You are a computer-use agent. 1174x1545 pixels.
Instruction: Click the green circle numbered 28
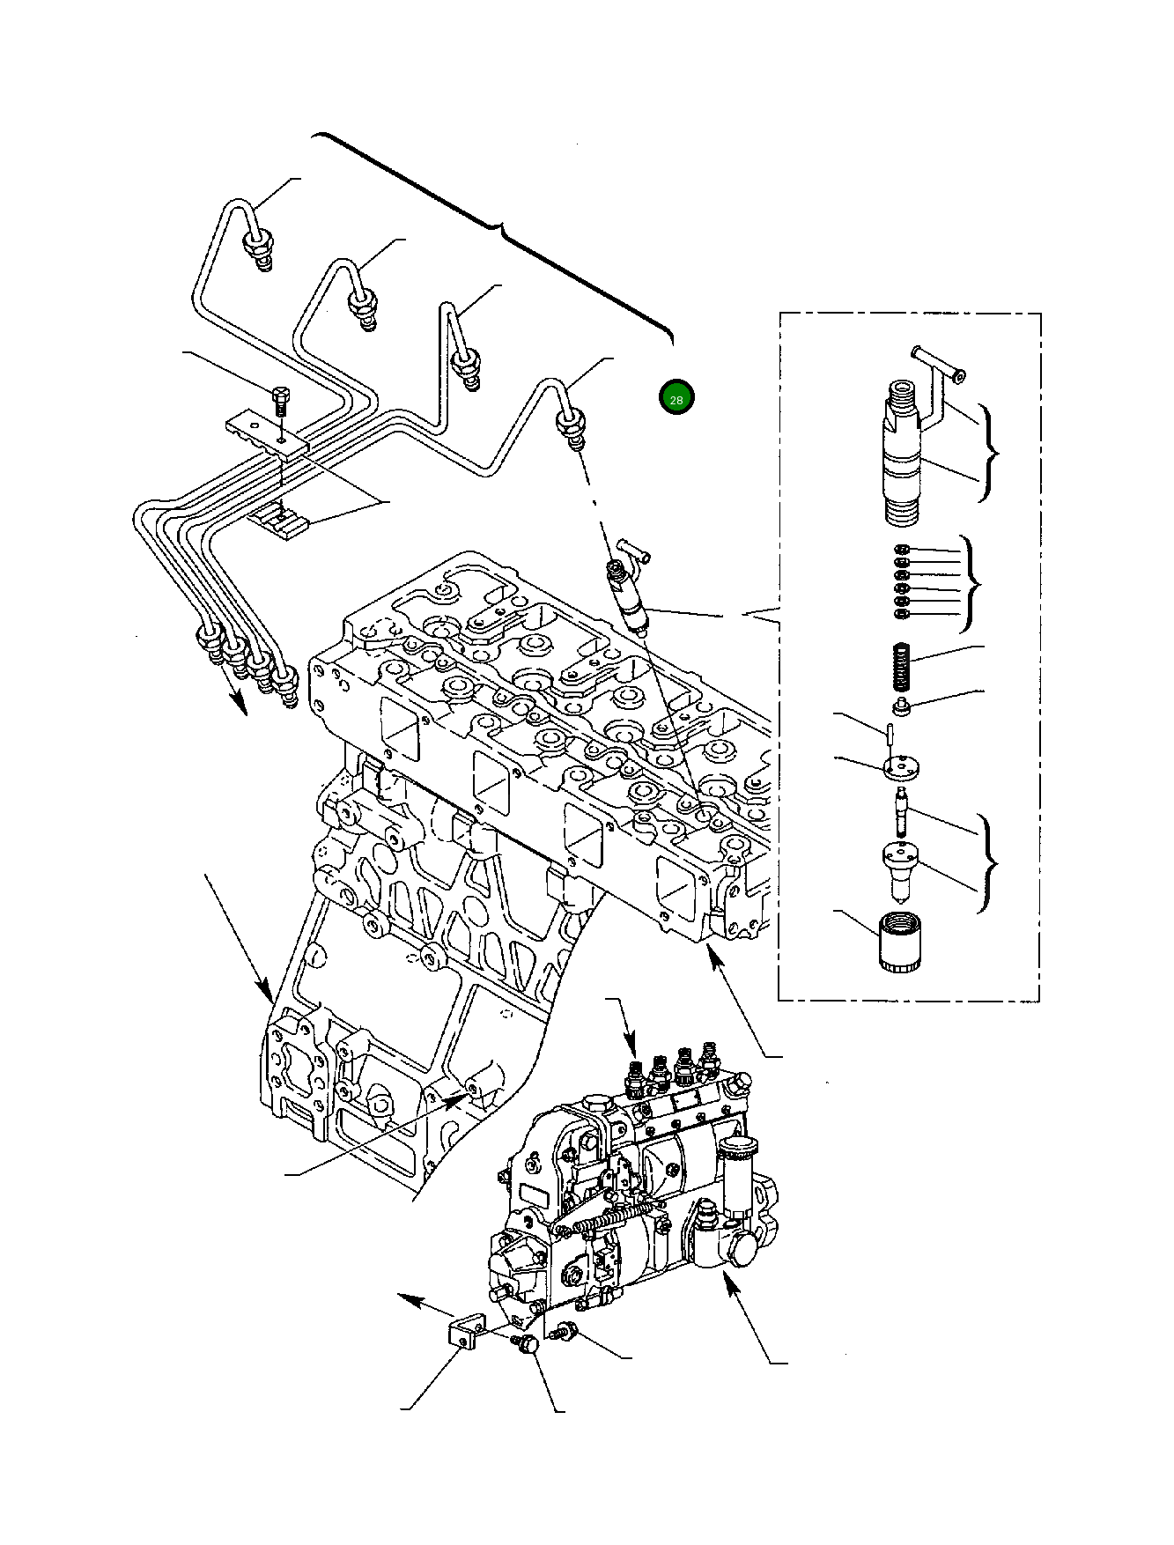(676, 398)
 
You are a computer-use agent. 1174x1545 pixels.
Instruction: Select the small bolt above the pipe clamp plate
(280, 403)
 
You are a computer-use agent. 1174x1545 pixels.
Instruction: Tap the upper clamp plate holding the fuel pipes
(264, 436)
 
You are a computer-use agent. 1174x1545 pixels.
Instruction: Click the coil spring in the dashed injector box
(899, 669)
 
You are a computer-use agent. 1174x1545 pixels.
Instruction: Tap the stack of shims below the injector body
(901, 581)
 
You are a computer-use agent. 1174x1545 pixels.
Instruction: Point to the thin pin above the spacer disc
(891, 733)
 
